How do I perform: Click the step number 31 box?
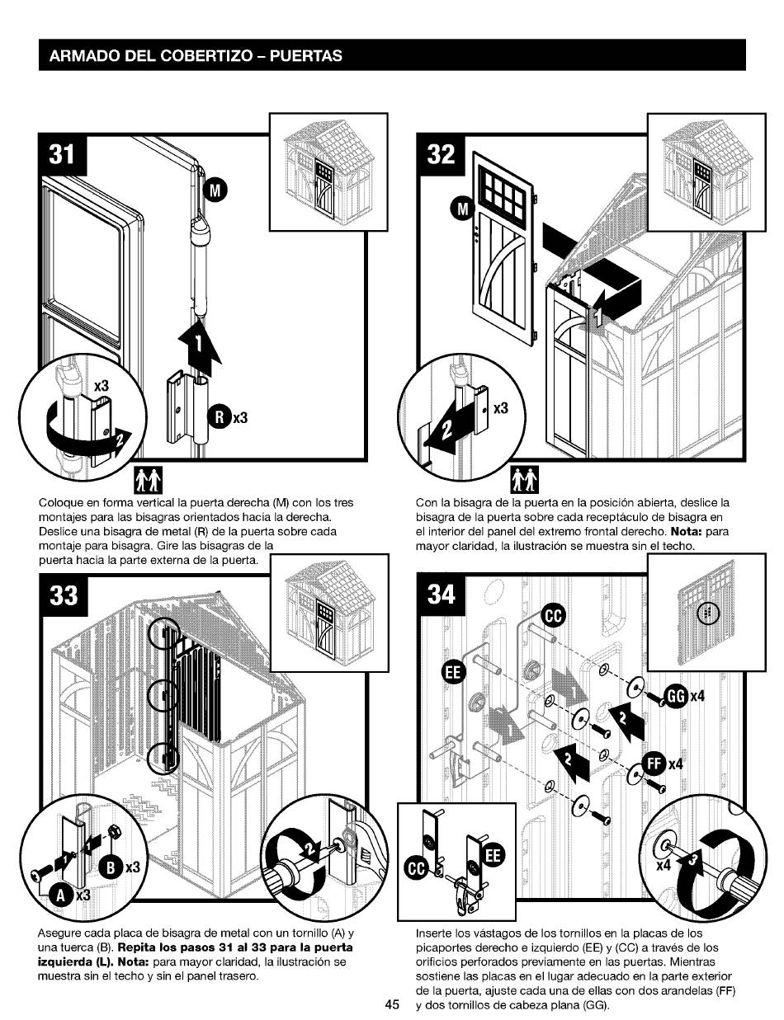click(x=61, y=157)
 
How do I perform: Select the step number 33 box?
click(x=61, y=593)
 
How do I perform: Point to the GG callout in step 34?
click(x=677, y=698)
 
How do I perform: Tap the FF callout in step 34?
click(x=656, y=764)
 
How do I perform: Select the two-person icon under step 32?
click(x=524, y=477)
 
